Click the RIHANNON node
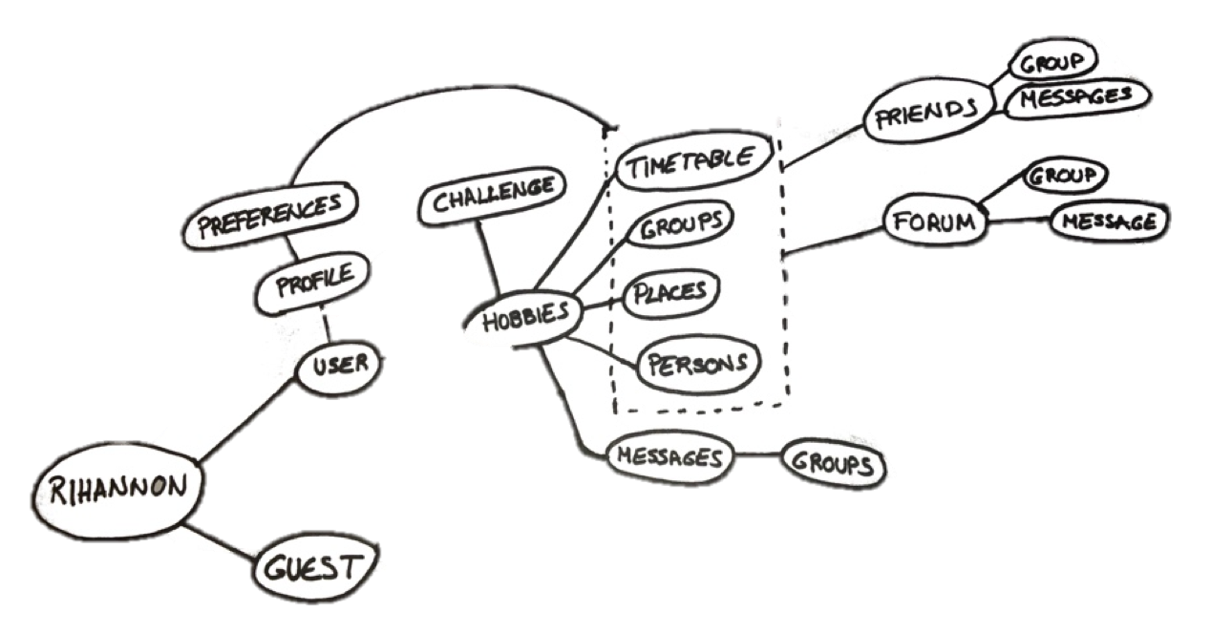click(117, 490)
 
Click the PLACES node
click(669, 293)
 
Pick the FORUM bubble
click(932, 222)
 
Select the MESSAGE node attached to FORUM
click(1108, 222)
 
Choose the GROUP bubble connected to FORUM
click(1064, 176)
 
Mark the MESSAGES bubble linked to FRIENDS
click(1075, 97)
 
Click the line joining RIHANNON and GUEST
click(221, 539)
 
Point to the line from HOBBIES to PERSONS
click(604, 350)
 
